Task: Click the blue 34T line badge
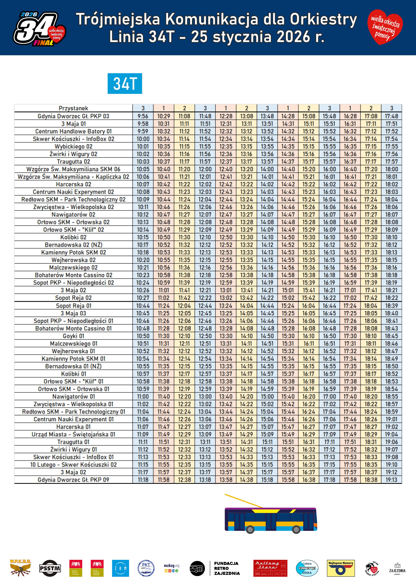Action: click(125, 84)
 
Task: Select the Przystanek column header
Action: click(73, 108)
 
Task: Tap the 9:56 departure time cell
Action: click(143, 116)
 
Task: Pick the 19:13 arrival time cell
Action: click(391, 480)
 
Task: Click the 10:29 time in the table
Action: click(164, 116)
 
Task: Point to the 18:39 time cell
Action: click(391, 306)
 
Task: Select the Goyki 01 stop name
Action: click(73, 336)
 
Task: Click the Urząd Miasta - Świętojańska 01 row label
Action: click(73, 434)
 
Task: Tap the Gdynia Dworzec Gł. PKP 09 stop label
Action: click(73, 480)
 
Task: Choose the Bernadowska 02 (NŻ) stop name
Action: click(73, 245)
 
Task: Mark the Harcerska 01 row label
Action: click(73, 427)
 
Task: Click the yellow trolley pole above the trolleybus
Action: click(243, 500)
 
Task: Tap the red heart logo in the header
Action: click(385, 27)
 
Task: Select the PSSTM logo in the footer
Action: click(50, 568)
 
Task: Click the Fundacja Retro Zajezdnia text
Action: click(226, 568)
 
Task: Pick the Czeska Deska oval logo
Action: click(307, 568)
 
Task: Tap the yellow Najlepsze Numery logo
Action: click(341, 568)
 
